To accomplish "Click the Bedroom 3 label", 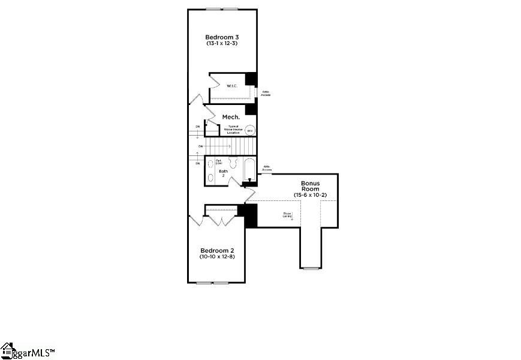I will tap(222, 37).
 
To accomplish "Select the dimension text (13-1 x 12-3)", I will tap(222, 43).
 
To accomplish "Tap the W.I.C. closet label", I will tap(232, 86).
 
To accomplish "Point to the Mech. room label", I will tap(231, 116).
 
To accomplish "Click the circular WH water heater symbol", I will tap(250, 130).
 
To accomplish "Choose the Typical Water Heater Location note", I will tap(233, 129).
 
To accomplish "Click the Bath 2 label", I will tap(223, 173).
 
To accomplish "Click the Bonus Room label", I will tap(310, 186).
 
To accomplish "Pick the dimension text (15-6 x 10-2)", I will tap(310, 195).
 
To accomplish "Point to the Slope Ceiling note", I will tap(288, 215).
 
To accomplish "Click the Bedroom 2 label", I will tap(217, 250).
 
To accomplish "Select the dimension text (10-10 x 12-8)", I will tap(217, 257).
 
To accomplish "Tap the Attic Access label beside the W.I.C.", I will tap(266, 94).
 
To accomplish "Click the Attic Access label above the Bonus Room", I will tap(267, 169).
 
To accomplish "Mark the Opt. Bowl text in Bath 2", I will tap(219, 161).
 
